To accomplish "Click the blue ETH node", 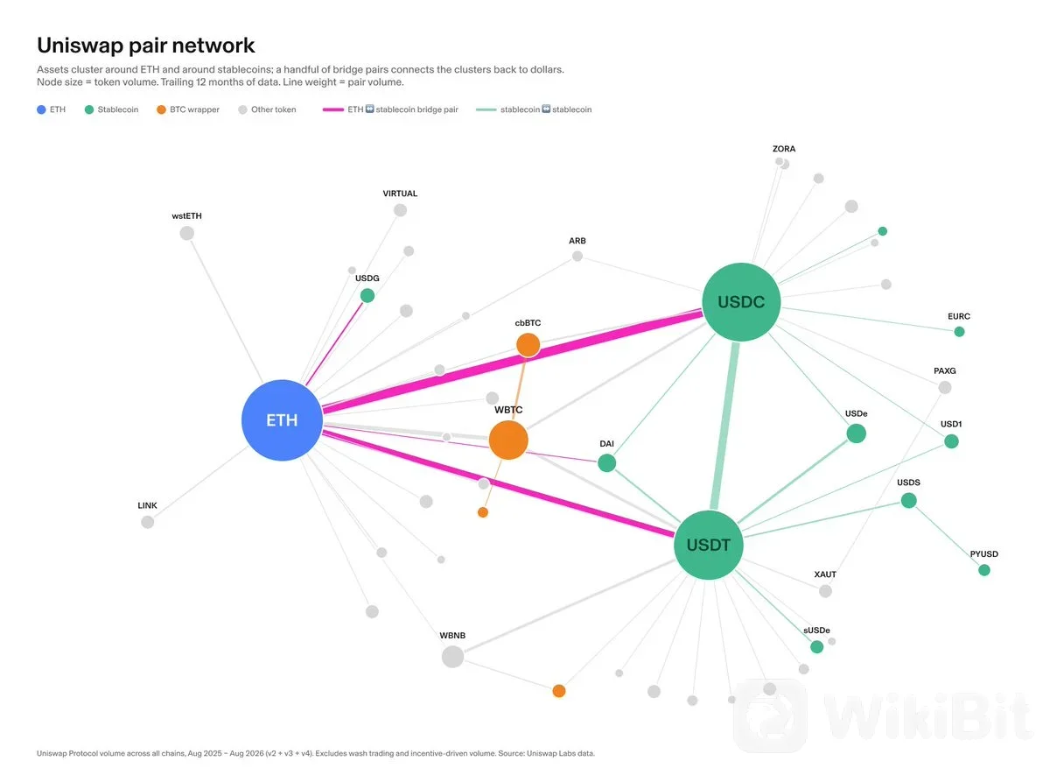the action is coord(282,420).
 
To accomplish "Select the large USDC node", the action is coord(741,301).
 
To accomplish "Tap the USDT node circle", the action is coord(708,545).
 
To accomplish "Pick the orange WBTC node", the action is coord(508,440).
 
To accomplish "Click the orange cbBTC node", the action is coord(528,345).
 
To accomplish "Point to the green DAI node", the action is coord(606,463).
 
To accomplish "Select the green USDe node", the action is coord(856,433).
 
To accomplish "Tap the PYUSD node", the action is coord(983,569).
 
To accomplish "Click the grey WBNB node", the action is coord(452,656).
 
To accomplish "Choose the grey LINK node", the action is coord(147,522).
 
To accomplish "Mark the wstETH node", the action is coord(186,233).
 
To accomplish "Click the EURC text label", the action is coord(959,316).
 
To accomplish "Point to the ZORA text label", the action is coord(784,149).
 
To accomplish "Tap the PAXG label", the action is coord(944,370).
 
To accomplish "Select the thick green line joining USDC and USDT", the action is coord(724,426).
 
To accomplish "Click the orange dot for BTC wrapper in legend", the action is coord(161,109).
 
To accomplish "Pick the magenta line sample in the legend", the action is coord(332,109).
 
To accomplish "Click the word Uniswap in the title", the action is coord(80,46).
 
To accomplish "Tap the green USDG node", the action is coord(367,296).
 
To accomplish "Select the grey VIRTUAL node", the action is coord(400,209).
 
